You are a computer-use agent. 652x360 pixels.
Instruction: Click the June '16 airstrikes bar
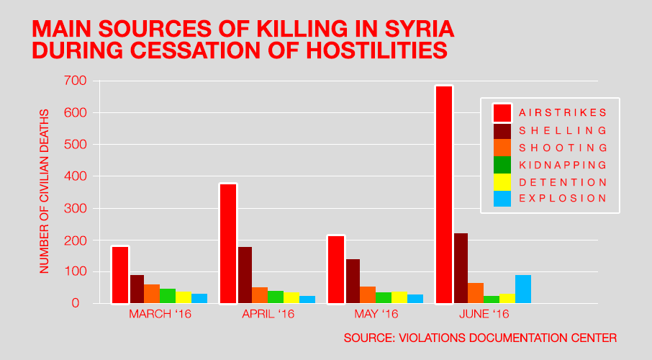443,194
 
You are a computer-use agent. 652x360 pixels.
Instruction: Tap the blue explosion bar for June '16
523,289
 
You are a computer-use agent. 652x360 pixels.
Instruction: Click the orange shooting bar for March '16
152,294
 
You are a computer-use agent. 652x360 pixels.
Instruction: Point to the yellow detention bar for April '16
291,297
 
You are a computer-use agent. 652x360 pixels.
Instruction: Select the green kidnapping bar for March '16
168,296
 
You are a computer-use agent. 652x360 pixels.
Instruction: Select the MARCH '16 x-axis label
160,315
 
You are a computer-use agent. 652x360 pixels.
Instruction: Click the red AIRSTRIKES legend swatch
502,113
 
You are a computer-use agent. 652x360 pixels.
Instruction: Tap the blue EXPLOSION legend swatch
502,199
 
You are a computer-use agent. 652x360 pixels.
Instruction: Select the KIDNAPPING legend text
563,165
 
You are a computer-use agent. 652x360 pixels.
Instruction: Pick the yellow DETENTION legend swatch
502,181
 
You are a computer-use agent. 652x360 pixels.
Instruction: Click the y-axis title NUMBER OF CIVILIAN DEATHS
45,191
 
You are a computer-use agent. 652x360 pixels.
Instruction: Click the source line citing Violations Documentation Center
480,338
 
